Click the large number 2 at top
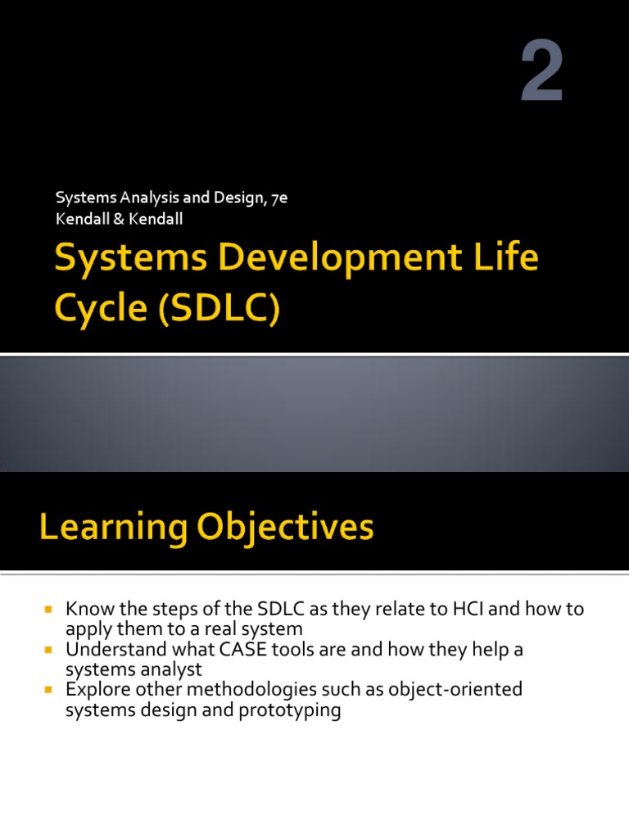542,76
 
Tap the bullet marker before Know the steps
48,610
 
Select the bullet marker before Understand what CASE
48,651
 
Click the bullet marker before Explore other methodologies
48,691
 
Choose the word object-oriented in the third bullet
451,691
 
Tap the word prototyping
289,710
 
